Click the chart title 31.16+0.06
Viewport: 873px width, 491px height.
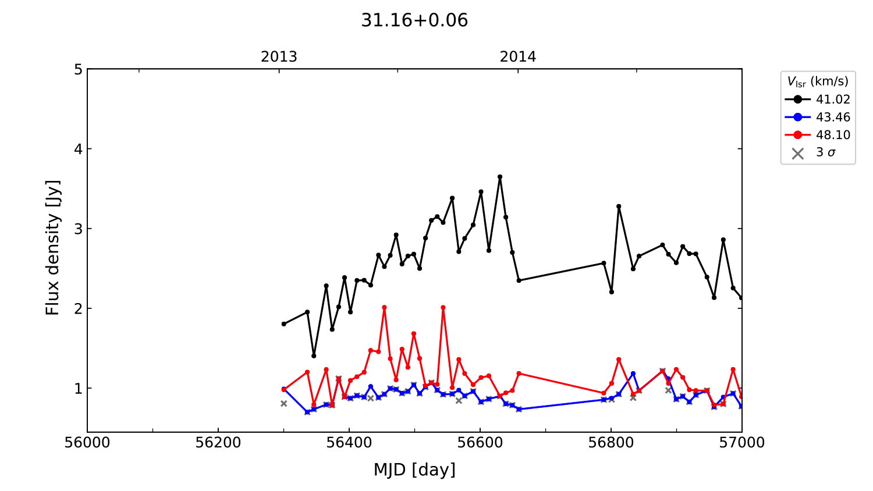[414, 20]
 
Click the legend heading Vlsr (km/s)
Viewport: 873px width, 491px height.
[818, 81]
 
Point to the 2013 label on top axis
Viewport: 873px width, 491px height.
[279, 57]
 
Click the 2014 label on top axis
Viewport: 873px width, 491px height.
[518, 57]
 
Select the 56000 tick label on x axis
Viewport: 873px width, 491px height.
[87, 443]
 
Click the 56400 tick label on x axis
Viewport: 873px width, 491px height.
[349, 443]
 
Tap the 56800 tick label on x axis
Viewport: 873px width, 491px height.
[611, 443]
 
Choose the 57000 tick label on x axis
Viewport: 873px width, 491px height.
[742, 443]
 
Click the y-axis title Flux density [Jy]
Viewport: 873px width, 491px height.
[53, 247]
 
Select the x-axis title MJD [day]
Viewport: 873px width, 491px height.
[414, 469]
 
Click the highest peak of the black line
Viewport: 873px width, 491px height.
[500, 177]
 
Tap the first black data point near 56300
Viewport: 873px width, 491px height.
[284, 324]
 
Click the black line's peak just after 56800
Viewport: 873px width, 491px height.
[619, 207]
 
